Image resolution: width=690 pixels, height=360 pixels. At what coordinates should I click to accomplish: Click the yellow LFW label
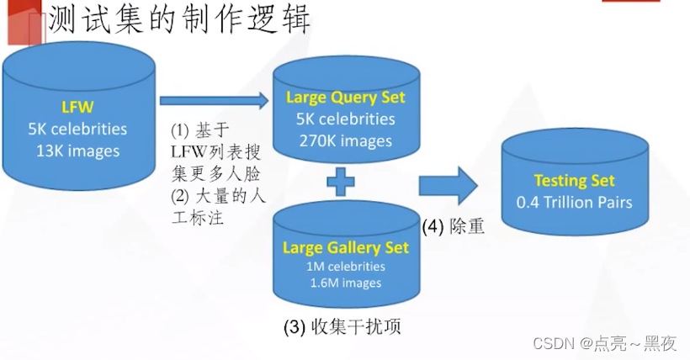77,107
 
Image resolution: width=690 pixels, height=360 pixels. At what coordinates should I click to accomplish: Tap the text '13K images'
77,151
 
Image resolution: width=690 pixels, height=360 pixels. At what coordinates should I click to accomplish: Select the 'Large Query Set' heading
345,97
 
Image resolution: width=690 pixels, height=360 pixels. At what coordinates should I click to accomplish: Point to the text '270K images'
345,140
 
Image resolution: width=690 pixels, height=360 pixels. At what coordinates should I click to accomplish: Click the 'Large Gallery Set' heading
345,247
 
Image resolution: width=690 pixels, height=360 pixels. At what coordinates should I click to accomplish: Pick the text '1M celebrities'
345,267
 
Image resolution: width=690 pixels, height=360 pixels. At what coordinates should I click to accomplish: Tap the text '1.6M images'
345,283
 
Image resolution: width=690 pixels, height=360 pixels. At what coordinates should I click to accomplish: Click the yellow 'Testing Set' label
574,180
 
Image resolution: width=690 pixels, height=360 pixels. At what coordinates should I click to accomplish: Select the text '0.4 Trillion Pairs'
574,202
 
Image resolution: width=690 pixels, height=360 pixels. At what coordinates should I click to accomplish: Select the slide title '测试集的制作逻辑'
179,20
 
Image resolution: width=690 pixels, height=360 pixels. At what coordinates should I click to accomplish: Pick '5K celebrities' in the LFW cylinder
77,129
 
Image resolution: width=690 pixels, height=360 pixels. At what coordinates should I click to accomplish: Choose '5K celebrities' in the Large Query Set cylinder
345,119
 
